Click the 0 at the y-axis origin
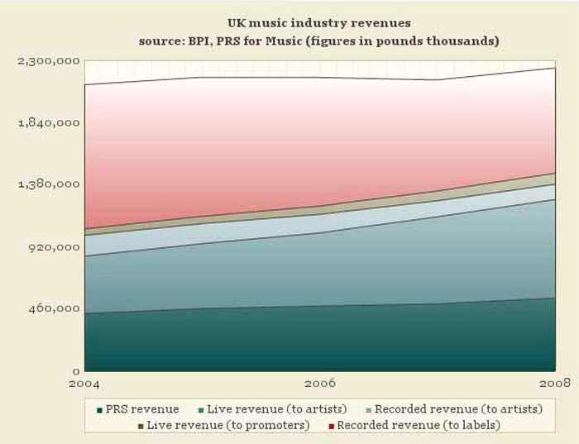click(x=75, y=371)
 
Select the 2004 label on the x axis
click(x=85, y=384)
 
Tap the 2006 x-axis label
click(x=320, y=384)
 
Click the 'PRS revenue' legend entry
click(x=143, y=409)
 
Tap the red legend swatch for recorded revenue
click(x=331, y=425)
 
